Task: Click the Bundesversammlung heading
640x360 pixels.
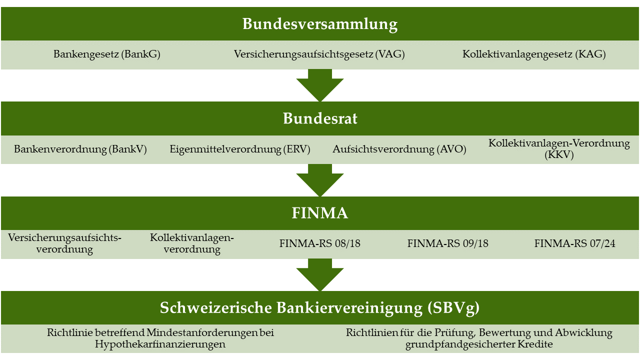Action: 320,24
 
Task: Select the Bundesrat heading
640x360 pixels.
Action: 320,118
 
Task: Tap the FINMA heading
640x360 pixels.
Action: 320,213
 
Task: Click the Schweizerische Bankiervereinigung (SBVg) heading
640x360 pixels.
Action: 319,308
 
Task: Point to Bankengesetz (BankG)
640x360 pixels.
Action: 107,54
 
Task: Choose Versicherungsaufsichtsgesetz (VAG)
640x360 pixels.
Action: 319,54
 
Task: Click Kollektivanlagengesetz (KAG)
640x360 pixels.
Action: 534,54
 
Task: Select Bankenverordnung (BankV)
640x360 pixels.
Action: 80,149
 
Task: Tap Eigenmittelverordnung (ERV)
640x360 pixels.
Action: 240,149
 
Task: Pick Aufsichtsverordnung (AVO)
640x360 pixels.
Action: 399,149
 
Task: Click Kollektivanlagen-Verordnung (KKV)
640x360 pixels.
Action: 559,149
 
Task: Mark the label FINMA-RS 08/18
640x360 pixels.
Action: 319,243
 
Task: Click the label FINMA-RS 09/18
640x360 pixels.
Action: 447,243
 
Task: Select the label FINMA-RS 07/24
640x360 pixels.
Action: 575,243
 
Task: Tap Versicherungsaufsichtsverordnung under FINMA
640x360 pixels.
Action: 64,243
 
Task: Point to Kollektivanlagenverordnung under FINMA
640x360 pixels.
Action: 192,243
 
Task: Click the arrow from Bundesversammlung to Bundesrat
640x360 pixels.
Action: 320,85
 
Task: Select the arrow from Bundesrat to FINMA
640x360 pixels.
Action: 320,180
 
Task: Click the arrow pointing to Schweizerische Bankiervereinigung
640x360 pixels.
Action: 320,275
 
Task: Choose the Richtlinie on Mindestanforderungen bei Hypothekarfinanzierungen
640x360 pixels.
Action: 160,338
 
